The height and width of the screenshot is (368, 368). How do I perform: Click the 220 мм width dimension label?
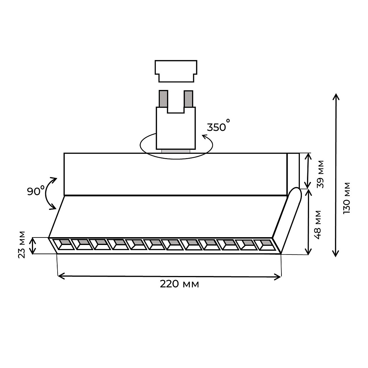coord(179,284)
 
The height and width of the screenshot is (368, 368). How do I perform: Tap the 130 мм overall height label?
coord(347,198)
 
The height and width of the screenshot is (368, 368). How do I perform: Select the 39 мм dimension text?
coord(320,174)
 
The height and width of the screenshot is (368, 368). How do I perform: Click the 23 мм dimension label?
coord(21,245)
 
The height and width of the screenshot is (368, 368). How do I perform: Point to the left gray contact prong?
coord(163,99)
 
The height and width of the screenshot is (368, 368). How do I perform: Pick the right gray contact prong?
coord(188,99)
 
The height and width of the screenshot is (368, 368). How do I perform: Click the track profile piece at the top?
coord(176,71)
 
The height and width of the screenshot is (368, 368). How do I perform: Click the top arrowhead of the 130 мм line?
coord(336,96)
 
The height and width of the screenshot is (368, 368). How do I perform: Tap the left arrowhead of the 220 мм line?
coord(61,276)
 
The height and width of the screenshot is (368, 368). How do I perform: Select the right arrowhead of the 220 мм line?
coord(278,277)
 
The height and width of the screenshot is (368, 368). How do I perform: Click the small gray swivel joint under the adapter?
coord(176,151)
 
